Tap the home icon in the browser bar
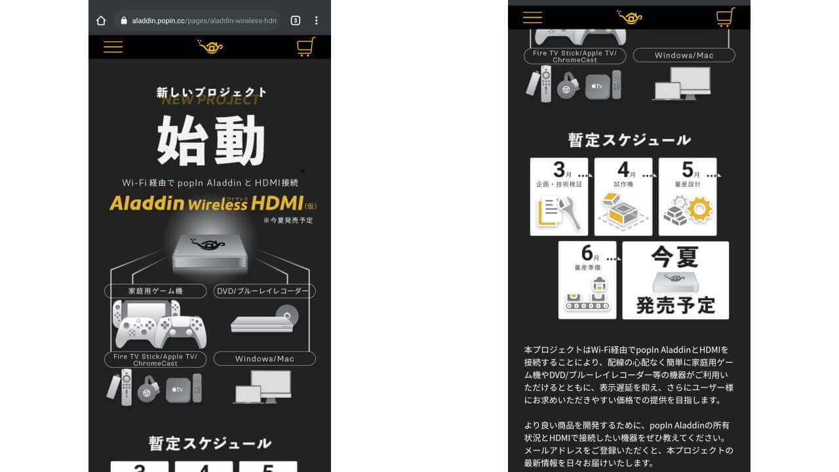tap(101, 20)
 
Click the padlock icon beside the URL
tap(124, 20)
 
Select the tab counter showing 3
tap(295, 20)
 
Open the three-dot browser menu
tap(317, 20)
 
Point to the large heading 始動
tap(211, 140)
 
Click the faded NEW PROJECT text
tap(210, 100)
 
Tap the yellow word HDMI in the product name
tap(277, 203)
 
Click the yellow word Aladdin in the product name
tap(147, 203)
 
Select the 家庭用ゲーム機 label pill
tap(155, 291)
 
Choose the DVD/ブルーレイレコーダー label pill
tap(264, 291)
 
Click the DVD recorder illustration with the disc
tap(265, 319)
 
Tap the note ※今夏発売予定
tap(288, 220)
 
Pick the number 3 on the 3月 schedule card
tap(559, 170)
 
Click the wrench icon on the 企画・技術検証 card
tap(570, 213)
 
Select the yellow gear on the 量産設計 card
tap(699, 209)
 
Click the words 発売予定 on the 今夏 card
tap(676, 305)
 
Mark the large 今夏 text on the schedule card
tap(675, 257)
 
